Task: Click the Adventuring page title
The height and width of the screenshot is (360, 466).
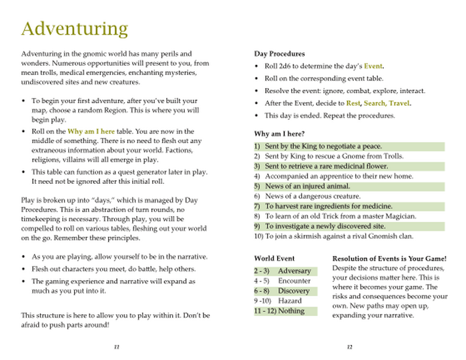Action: [x=74, y=29]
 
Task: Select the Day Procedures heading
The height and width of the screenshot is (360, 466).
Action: [x=279, y=54]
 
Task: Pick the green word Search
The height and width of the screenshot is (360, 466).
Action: [x=376, y=103]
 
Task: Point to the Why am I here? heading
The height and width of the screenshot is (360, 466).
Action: [x=279, y=133]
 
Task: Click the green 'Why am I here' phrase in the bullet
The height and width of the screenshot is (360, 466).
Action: [x=91, y=132]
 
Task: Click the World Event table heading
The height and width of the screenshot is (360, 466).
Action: [x=274, y=258]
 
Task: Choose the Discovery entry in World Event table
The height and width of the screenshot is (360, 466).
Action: [x=293, y=291]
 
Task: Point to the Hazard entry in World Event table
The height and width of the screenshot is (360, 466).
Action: [x=290, y=301]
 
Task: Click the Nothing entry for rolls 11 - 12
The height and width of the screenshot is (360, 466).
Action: [x=291, y=311]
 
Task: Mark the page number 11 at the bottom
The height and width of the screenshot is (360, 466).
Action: [x=116, y=346]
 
